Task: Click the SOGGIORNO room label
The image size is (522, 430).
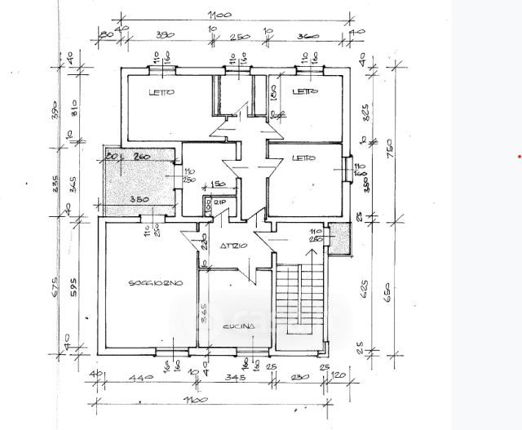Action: (x=155, y=283)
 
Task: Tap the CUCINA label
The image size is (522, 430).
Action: (x=239, y=326)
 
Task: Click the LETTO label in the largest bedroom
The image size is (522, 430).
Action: (x=161, y=93)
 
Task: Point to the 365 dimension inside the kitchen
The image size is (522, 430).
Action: (x=205, y=313)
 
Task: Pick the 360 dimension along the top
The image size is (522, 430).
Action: (x=307, y=37)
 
